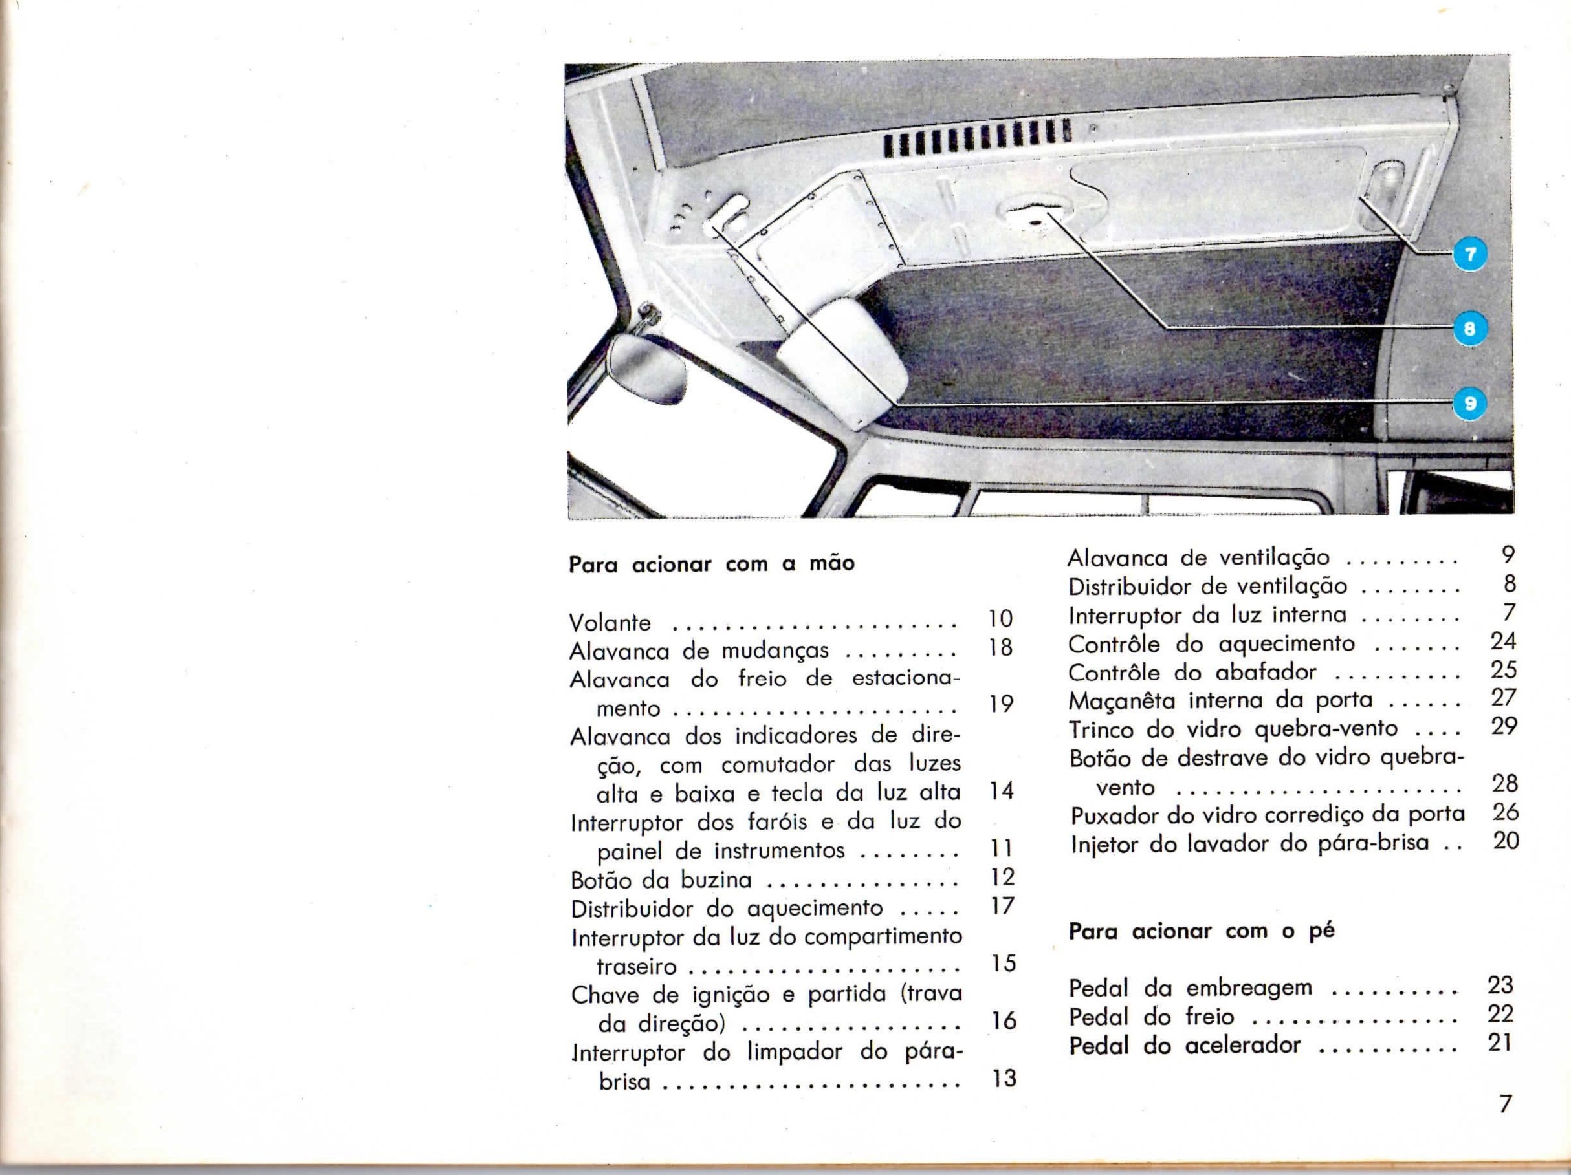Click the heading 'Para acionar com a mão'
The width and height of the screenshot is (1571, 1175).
pyautogui.click(x=712, y=565)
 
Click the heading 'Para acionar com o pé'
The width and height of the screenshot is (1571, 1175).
pyautogui.click(x=1202, y=931)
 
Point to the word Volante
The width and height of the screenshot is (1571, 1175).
pyautogui.click(x=610, y=623)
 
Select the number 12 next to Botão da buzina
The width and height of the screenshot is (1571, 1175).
pyautogui.click(x=1002, y=877)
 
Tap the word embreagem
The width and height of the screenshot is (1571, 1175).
pyautogui.click(x=1249, y=987)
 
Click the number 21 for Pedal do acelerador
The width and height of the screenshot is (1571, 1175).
pyautogui.click(x=1500, y=1042)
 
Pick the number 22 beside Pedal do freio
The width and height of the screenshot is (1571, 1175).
pyautogui.click(x=1500, y=1013)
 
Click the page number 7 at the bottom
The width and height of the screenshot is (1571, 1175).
pyautogui.click(x=1504, y=1104)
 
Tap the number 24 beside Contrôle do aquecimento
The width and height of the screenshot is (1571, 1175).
pyautogui.click(x=1504, y=641)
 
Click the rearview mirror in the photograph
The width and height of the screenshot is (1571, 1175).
pyautogui.click(x=648, y=369)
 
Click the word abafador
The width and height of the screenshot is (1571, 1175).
pyautogui.click(x=1266, y=672)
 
